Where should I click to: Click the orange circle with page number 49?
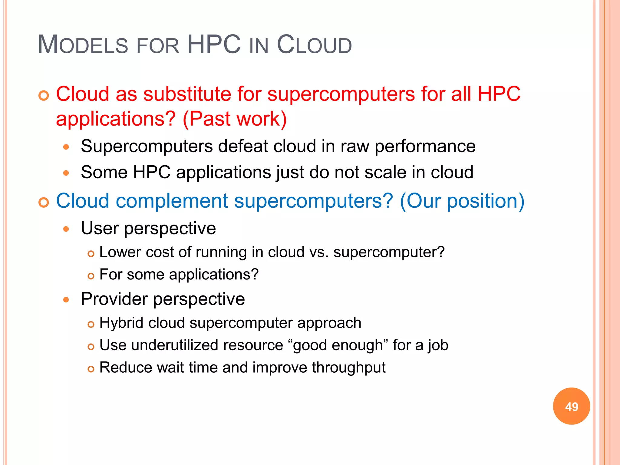tap(571, 406)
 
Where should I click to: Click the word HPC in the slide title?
tap(214, 45)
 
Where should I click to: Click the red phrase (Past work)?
tap(235, 119)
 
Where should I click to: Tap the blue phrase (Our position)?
tap(462, 201)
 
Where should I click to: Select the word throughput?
tap(348, 368)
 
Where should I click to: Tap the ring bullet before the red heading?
tap(44, 96)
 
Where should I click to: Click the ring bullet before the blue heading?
tap(44, 203)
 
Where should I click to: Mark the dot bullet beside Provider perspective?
tap(66, 300)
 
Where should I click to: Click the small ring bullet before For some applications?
tap(91, 276)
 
